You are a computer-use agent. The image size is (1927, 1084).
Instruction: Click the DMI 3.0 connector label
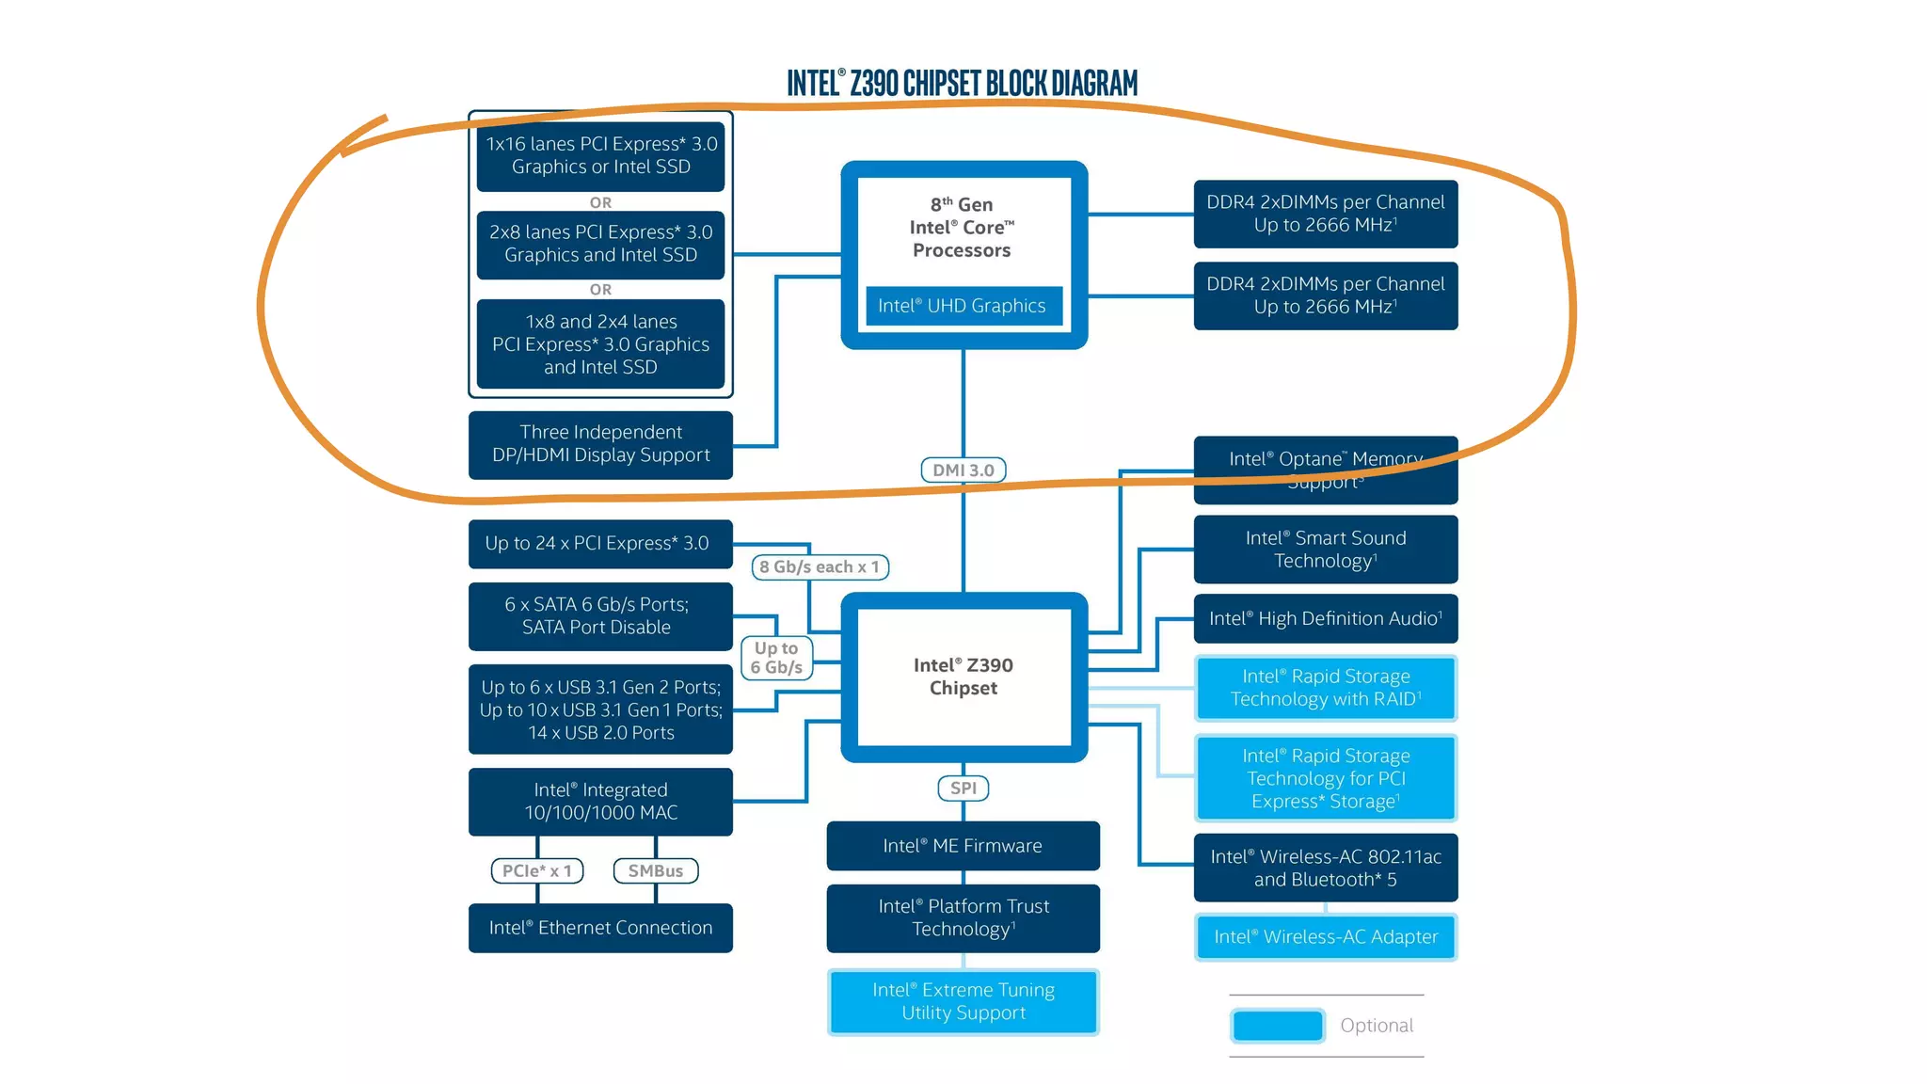[963, 470]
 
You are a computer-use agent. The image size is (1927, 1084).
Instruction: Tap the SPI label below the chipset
[963, 788]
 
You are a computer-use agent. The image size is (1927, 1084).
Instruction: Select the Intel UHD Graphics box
[963, 306]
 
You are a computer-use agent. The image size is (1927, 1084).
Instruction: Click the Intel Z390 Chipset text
[963, 677]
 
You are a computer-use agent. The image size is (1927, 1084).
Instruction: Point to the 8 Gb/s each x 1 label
[820, 566]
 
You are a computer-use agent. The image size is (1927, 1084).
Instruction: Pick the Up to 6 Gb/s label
[776, 658]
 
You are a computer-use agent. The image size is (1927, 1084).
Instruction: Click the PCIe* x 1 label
[537, 870]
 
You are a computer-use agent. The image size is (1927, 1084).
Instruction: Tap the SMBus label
[656, 870]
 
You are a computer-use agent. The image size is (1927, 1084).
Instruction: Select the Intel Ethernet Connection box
[600, 928]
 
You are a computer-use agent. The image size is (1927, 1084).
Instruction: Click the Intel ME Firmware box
[963, 846]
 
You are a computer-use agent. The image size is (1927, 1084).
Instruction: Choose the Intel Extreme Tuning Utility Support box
[963, 1001]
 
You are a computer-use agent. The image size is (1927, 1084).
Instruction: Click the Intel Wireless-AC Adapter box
[1326, 937]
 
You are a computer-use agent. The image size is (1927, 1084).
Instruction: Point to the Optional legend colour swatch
[1277, 1026]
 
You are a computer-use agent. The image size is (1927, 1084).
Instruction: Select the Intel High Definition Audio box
[1326, 618]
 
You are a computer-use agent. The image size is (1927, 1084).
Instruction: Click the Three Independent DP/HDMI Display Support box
[600, 444]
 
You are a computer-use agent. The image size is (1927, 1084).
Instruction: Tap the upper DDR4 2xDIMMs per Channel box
[1326, 214]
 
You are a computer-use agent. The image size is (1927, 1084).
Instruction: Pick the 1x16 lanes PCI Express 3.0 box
[600, 155]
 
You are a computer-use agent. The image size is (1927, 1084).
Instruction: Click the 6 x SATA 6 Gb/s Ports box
[600, 616]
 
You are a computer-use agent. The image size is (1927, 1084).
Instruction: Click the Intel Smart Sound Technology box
[1326, 550]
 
